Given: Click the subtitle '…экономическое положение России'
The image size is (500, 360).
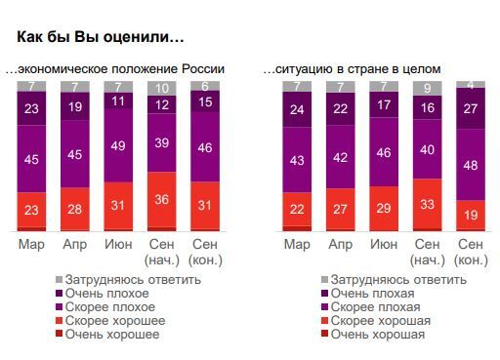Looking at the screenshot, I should click(115, 69).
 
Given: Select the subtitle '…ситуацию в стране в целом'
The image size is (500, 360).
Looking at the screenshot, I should click(353, 69).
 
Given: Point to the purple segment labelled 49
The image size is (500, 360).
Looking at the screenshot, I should click(117, 145).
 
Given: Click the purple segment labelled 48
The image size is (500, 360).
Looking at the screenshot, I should click(470, 165).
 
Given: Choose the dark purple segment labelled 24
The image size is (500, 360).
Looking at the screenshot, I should click(295, 109).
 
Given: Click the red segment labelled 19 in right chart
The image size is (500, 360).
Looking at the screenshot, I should click(470, 215).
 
